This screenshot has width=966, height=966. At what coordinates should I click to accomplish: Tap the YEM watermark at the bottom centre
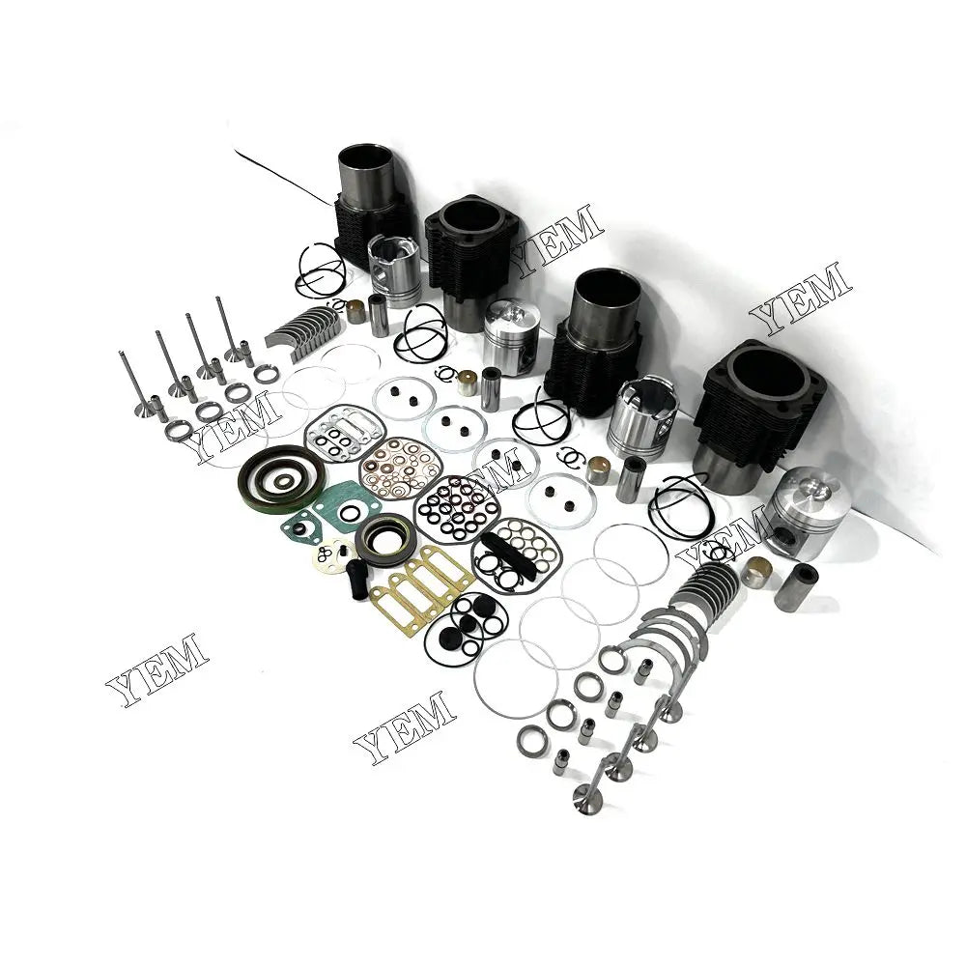tap(405, 726)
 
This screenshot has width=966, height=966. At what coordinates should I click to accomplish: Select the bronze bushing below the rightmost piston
tap(756, 570)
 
